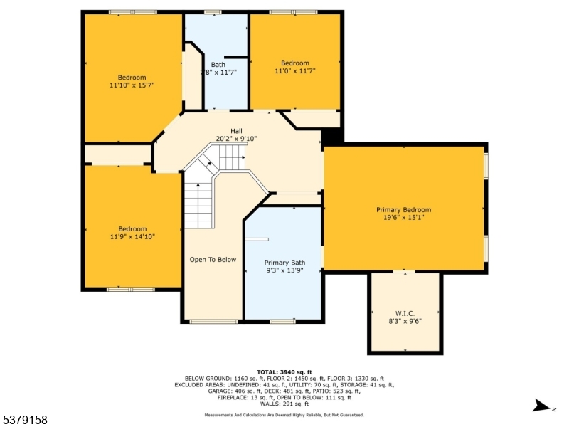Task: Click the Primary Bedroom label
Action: [x=403, y=209]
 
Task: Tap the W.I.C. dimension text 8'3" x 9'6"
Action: [x=405, y=321]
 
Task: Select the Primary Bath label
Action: [x=284, y=263]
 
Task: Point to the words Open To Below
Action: [x=213, y=260]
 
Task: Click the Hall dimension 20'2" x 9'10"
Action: [x=236, y=138]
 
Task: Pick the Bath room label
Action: [x=218, y=65]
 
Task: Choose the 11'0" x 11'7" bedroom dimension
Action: [x=295, y=70]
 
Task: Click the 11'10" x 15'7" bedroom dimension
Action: [x=132, y=85]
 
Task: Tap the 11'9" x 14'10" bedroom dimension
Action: [x=132, y=236]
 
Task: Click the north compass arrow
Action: [x=541, y=406]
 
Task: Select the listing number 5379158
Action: [x=24, y=420]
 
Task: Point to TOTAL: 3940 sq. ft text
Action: [x=284, y=371]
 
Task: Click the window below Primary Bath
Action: [x=282, y=321]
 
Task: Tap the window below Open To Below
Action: [x=214, y=321]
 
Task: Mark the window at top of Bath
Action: [x=213, y=12]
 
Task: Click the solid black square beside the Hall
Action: [x=332, y=137]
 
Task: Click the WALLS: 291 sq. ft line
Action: [x=284, y=404]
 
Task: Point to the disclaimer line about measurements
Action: [x=284, y=415]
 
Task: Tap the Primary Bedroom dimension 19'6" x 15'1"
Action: [x=403, y=217]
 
